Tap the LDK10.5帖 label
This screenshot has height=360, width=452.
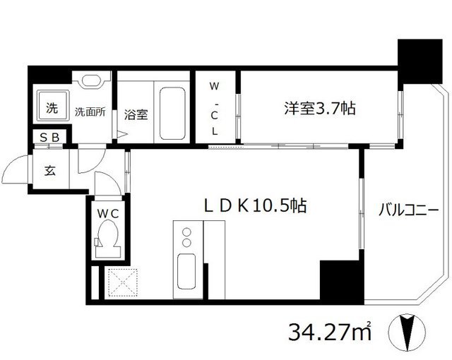pos(255,205)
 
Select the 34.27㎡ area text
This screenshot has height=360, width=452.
pos(330,331)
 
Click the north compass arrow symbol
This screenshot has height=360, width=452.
pos(407,332)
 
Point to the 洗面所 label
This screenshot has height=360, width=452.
pos(90,112)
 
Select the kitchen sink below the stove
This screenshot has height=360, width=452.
pos(188,271)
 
